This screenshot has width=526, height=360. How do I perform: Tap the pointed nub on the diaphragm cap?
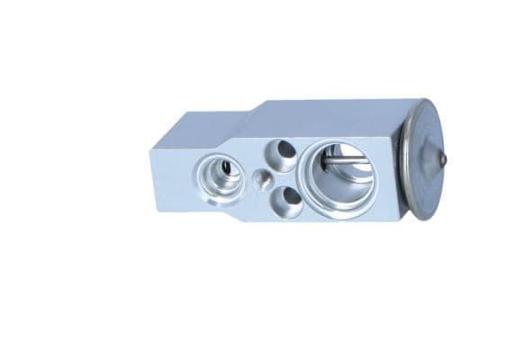[442, 158]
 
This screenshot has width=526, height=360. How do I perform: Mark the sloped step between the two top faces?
[241, 118]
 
